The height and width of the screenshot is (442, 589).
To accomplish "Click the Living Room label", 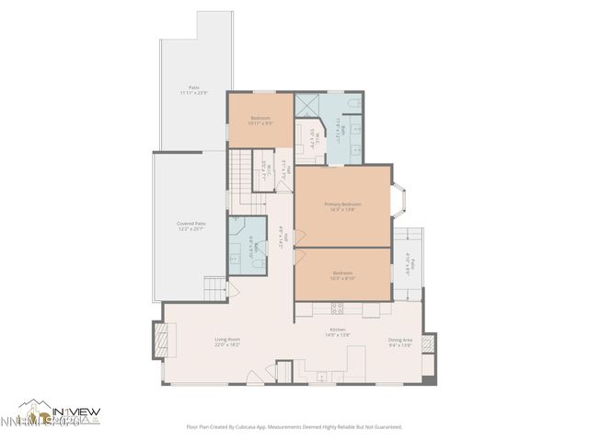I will click(x=227, y=342).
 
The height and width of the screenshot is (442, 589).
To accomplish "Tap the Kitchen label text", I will click(x=338, y=332).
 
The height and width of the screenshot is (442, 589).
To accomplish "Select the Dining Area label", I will click(x=399, y=342).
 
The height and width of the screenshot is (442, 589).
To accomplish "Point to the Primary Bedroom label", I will click(x=342, y=206).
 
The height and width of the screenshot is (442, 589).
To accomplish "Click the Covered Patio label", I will click(x=191, y=226).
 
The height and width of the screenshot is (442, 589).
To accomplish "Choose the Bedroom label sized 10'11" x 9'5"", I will click(x=260, y=121).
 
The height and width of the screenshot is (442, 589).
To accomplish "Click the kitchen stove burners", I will click(x=337, y=306).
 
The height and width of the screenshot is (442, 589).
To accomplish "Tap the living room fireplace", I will click(x=162, y=341).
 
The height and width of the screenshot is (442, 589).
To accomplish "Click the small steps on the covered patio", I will click(x=214, y=287).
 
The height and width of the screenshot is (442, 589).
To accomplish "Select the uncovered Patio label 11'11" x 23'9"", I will click(x=192, y=90).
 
